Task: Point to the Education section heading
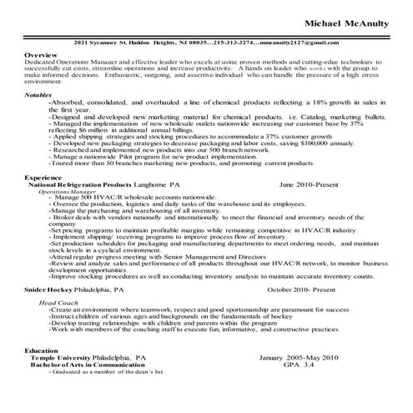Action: pos(42,351)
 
